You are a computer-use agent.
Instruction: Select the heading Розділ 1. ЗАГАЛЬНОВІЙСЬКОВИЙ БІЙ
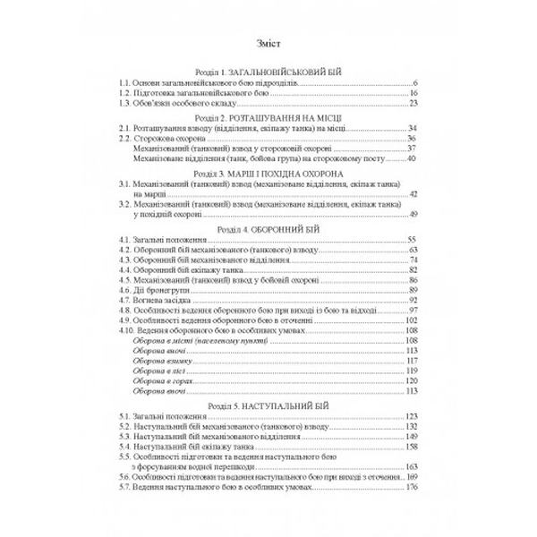tap(268, 71)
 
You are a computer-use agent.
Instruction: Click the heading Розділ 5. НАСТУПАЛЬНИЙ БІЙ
tap(268, 405)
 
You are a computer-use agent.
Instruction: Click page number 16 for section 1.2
tap(415, 93)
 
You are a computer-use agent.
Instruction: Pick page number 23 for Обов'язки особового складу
tap(415, 104)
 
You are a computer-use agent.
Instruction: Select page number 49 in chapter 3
tap(415, 215)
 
